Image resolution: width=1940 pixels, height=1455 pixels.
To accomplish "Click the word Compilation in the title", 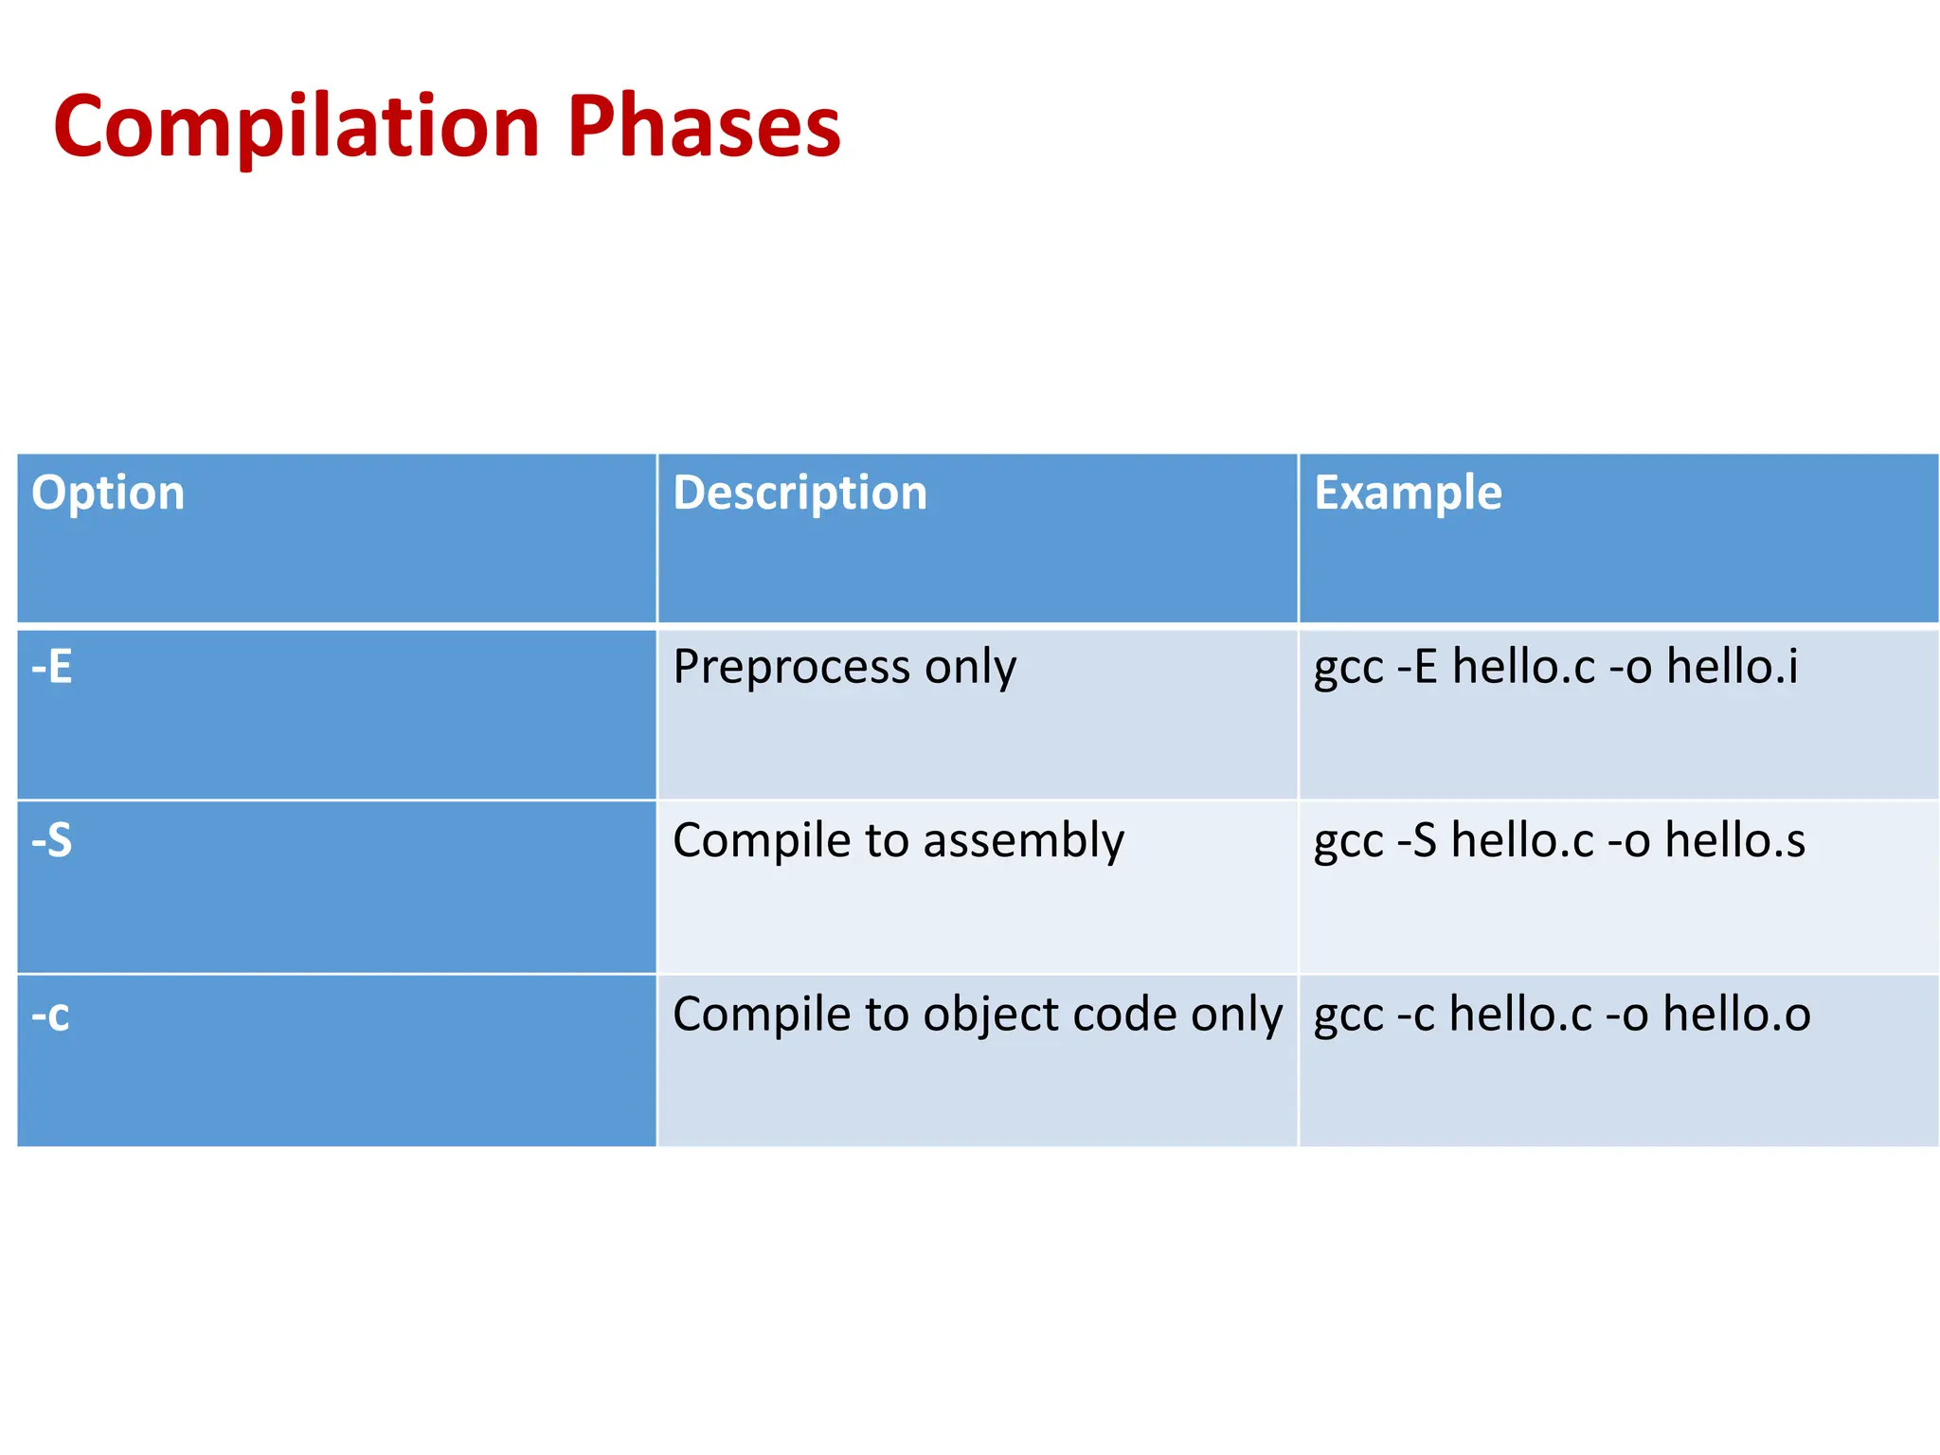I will (296, 126).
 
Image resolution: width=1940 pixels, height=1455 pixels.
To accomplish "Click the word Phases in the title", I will (704, 126).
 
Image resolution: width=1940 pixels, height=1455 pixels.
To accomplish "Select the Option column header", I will (108, 494).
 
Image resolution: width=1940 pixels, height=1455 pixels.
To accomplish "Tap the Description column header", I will (799, 494).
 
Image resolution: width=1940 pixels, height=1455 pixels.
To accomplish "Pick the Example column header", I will (1408, 494).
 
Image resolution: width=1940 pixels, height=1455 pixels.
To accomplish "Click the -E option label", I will (52, 667).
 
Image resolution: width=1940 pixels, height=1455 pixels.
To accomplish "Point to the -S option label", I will (52, 840).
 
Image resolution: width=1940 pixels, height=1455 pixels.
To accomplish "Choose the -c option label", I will (50, 1015).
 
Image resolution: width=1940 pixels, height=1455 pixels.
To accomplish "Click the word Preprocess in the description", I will (792, 668).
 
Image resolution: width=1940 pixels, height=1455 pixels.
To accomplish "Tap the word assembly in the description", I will (1024, 841).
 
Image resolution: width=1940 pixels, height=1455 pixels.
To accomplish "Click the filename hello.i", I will (1733, 666).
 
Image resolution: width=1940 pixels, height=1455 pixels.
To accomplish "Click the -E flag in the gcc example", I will (1418, 667).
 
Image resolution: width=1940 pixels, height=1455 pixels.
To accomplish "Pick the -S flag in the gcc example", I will (1417, 840).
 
